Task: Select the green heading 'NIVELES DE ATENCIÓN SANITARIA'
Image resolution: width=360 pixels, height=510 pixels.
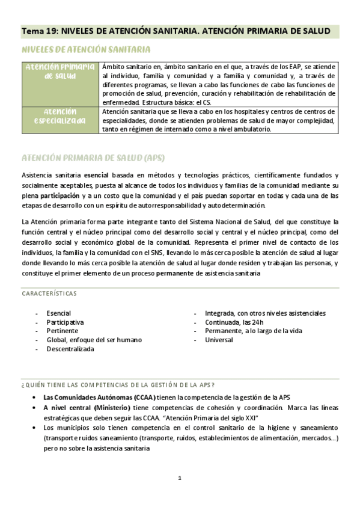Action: pos(86,50)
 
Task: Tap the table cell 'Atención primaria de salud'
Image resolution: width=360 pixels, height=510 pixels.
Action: pos(60,71)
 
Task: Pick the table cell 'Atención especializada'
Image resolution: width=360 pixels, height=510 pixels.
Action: pos(60,116)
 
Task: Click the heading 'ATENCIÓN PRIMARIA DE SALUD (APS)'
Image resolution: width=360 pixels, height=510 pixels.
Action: pos(93,158)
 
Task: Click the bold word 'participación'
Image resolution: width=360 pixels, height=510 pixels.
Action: pos(59,196)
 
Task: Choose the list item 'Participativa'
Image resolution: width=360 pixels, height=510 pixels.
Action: pos(65,322)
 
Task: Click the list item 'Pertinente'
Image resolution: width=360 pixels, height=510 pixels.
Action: pos(62,331)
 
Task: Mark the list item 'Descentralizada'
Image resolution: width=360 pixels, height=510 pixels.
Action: pos(70,349)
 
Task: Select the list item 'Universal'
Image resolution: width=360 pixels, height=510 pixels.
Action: pos(219,340)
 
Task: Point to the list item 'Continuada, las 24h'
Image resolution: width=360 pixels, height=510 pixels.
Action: pos(238,322)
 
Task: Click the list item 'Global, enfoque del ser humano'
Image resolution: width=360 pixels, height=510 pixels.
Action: pos(94,340)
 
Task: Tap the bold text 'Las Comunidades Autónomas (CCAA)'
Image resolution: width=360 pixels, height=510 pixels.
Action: pos(99,397)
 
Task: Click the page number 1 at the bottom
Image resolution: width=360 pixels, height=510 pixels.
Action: pos(180,478)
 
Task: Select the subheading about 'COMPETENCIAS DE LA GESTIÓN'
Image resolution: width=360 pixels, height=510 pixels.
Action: pos(118,384)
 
